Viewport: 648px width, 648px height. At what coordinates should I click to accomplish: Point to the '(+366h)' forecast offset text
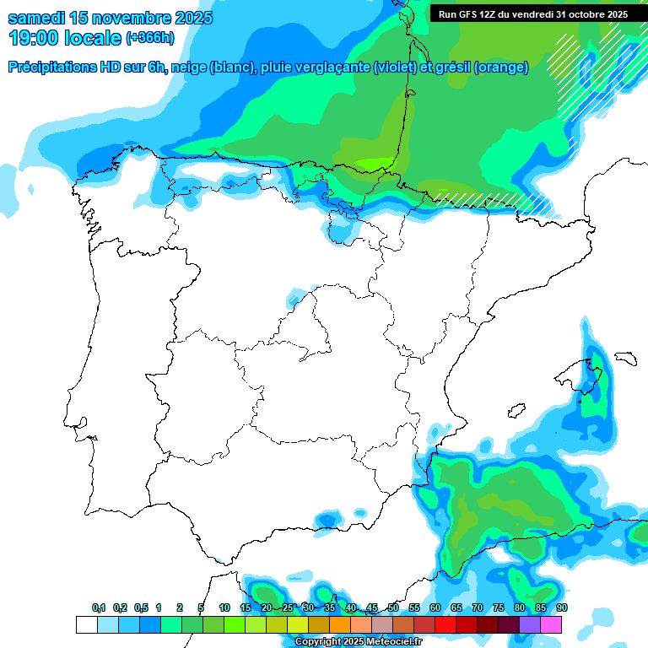coord(150,38)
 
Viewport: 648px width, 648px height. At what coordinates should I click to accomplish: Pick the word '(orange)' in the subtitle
coord(501,67)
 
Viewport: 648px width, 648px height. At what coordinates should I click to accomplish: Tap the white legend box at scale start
coord(86,624)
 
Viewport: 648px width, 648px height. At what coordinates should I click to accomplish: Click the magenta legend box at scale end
coord(551,624)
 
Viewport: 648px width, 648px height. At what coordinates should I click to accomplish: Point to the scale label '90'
coord(562,607)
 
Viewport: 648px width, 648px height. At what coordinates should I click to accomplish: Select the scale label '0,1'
coord(99,607)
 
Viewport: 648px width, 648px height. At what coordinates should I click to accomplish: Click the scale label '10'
coord(224,607)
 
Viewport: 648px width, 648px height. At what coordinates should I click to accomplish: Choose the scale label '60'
coord(435,607)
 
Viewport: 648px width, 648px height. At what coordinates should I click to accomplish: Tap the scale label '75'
coord(499,607)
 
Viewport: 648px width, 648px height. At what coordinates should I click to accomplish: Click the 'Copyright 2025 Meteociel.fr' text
coord(359,642)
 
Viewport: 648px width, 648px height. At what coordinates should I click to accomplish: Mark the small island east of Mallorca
coord(624,358)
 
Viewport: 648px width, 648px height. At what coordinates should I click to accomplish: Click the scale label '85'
coord(541,607)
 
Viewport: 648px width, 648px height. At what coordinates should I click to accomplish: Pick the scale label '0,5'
coord(141,607)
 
